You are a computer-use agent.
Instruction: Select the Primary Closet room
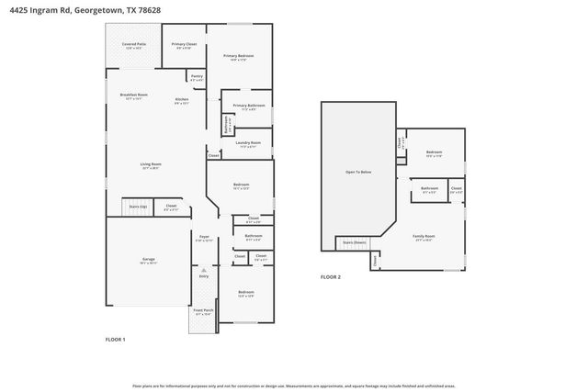pyautogui.click(x=185, y=45)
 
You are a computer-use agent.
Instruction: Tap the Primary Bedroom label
pyautogui.click(x=239, y=57)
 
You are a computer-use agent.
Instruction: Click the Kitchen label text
pyautogui.click(x=182, y=100)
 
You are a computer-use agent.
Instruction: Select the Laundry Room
pyautogui.click(x=248, y=144)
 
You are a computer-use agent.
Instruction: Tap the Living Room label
pyautogui.click(x=151, y=167)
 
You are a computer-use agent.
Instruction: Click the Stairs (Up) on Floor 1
pyautogui.click(x=136, y=207)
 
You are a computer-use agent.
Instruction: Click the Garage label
pyautogui.click(x=148, y=261)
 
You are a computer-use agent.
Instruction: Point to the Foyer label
pyautogui.click(x=204, y=238)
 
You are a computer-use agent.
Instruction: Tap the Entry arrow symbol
pyautogui.click(x=204, y=273)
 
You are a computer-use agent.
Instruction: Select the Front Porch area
pyautogui.click(x=202, y=312)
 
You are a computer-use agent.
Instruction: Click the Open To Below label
pyautogui.click(x=357, y=173)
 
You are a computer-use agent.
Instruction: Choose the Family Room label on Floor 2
pyautogui.click(x=424, y=237)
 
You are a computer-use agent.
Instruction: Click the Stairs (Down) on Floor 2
pyautogui.click(x=355, y=243)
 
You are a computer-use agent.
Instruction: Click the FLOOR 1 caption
pyautogui.click(x=115, y=340)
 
